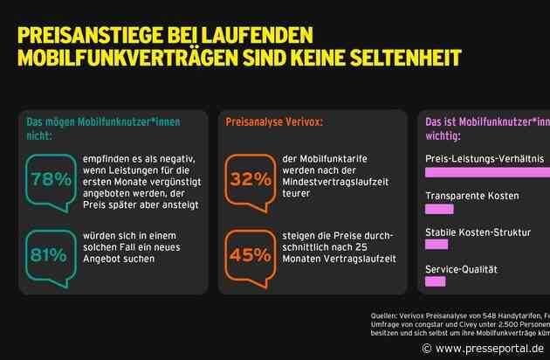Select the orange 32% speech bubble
point(251,177)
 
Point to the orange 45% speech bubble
point(251,253)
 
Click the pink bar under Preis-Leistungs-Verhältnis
point(486,172)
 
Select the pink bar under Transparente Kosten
point(439,209)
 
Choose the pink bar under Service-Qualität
point(435,281)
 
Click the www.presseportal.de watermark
point(483,348)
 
